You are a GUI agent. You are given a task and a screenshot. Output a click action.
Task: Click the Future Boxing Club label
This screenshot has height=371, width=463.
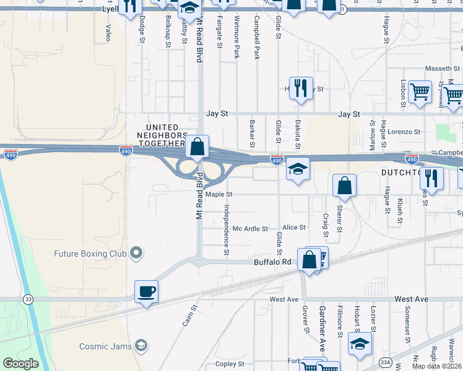click(x=90, y=254)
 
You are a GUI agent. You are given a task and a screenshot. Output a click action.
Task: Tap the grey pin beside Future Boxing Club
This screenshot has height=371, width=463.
click(x=137, y=253)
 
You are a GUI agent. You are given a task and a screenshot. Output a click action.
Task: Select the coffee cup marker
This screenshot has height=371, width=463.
click(x=147, y=291)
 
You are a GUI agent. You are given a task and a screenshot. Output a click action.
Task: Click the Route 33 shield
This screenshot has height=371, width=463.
click(x=28, y=299)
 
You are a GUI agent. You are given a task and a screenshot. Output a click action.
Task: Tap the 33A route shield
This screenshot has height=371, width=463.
click(x=385, y=362)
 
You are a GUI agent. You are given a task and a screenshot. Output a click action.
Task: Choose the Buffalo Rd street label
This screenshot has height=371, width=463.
click(x=272, y=262)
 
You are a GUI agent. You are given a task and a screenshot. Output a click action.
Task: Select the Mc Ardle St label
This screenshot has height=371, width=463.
click(x=250, y=228)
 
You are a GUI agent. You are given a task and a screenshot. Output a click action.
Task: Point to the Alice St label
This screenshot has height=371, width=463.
click(x=294, y=228)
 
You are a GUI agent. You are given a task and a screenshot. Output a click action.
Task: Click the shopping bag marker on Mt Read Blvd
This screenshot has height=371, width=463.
click(x=197, y=148)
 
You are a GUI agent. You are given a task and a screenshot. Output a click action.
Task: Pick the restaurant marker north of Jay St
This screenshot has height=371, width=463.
click(x=301, y=88)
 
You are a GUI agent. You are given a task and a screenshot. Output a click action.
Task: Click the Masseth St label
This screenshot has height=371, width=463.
click(x=439, y=69)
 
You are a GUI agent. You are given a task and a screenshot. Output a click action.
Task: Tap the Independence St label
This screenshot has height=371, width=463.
click(x=227, y=230)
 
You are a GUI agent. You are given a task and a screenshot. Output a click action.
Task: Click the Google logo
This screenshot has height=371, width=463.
click(x=20, y=364)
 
